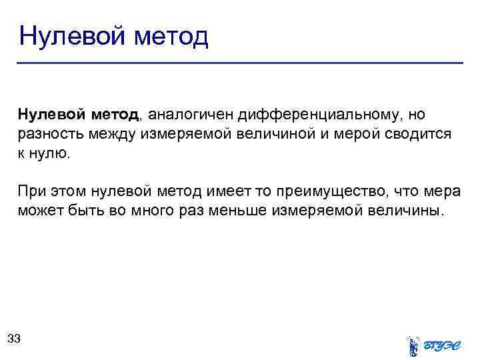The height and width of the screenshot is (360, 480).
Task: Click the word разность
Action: [x=50, y=134]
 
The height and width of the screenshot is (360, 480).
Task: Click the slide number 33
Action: [x=14, y=339]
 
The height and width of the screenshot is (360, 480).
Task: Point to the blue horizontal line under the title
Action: [x=240, y=63]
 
